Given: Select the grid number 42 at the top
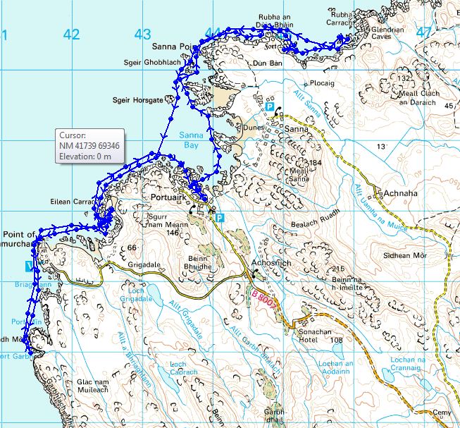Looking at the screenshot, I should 71,33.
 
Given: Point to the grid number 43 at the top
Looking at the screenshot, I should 143,33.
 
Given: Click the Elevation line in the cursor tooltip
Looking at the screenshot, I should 86,156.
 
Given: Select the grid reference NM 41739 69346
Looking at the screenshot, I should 89,145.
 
